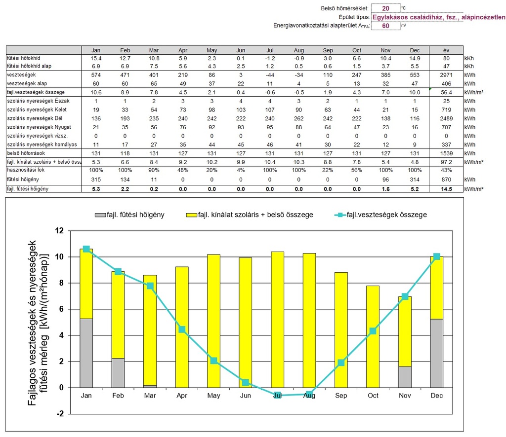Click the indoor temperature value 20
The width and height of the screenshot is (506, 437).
point(385,8)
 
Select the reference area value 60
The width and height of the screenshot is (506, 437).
point(385,26)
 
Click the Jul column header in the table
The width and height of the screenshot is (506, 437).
point(270,50)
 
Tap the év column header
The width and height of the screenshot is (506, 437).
point(446,50)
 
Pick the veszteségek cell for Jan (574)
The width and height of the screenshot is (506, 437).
point(96,75)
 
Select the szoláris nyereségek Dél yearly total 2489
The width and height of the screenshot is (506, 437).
point(446,118)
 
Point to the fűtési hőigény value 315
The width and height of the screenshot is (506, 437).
point(96,179)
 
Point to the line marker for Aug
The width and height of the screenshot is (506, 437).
point(309,394)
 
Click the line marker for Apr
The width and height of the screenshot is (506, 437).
point(182,329)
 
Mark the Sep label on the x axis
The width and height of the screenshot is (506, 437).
point(341,396)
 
